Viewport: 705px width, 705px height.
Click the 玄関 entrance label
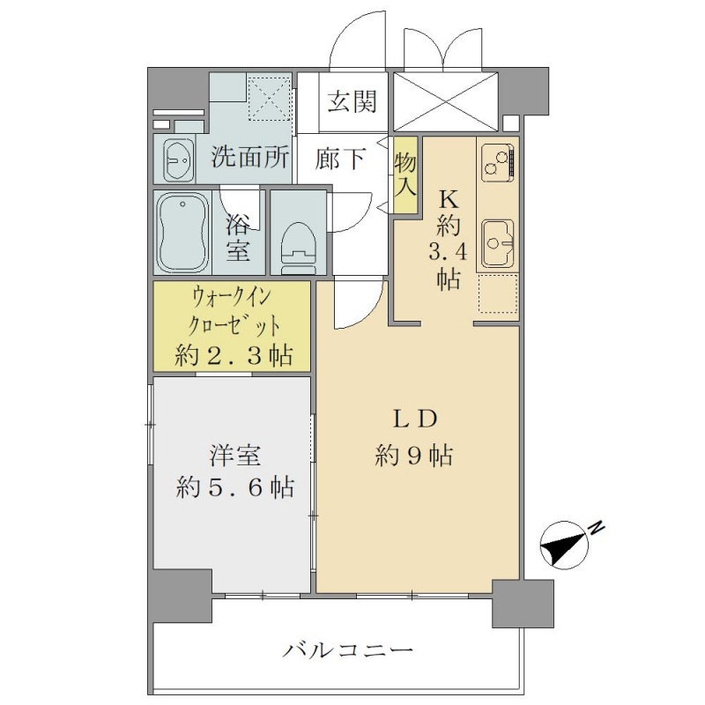(x=352, y=101)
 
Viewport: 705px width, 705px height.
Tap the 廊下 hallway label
(x=339, y=159)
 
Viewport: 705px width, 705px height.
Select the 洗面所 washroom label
(x=250, y=158)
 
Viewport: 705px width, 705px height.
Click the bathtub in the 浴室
(x=182, y=232)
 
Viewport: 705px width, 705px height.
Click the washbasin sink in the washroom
(x=178, y=159)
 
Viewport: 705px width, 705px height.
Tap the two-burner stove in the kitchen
(x=498, y=163)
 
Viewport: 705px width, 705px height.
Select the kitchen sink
(x=498, y=243)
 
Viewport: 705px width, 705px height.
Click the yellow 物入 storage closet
(x=405, y=174)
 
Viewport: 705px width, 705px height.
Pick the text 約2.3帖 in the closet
(x=234, y=355)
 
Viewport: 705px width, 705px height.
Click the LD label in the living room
(x=415, y=420)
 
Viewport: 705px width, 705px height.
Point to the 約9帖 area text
(x=414, y=456)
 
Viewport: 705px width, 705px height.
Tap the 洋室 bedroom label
(x=234, y=456)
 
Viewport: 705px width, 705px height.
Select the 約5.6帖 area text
(x=235, y=487)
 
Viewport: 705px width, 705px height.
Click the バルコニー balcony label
(x=347, y=650)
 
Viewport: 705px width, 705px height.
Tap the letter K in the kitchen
(x=449, y=199)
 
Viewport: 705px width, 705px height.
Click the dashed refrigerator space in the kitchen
(x=498, y=293)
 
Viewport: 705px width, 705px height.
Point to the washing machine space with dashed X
(x=270, y=98)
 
